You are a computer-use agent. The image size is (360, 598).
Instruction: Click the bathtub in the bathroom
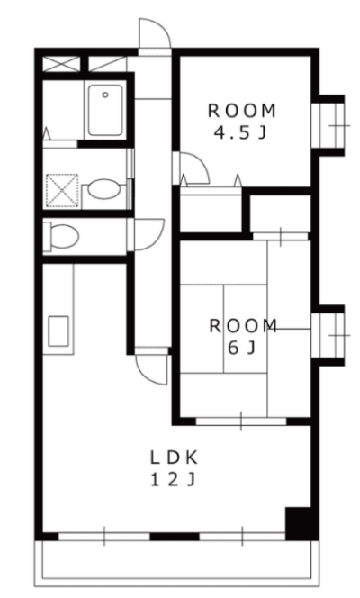(x=105, y=110)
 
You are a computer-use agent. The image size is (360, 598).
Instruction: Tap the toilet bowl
(x=61, y=237)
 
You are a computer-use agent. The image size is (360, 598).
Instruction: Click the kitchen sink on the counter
(x=58, y=331)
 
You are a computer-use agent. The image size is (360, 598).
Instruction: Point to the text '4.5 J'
(x=240, y=132)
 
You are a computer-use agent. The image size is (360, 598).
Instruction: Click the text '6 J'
(x=241, y=348)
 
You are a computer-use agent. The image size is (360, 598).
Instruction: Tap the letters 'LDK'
(x=174, y=458)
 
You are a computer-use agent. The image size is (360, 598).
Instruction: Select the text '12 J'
(x=174, y=480)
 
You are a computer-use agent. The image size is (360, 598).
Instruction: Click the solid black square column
(x=301, y=523)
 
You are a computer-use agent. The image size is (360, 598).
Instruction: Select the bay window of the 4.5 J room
(x=330, y=125)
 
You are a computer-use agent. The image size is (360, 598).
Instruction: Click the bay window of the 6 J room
(x=330, y=335)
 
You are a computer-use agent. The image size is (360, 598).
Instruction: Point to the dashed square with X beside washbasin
(x=62, y=191)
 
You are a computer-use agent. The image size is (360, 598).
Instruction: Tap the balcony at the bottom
(x=176, y=563)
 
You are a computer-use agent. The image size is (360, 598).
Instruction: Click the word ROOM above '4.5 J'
(x=242, y=111)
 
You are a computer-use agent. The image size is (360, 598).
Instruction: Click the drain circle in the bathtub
(x=105, y=95)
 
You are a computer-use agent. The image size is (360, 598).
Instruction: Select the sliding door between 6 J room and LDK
(x=241, y=421)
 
